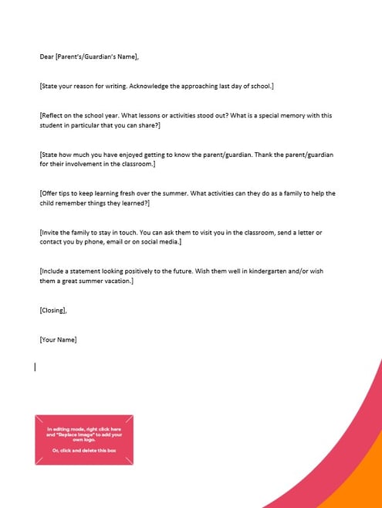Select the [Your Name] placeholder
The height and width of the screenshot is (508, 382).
pos(58,339)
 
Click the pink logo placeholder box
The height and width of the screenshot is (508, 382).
pos(84,439)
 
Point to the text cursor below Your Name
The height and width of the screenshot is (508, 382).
pos(35,367)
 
